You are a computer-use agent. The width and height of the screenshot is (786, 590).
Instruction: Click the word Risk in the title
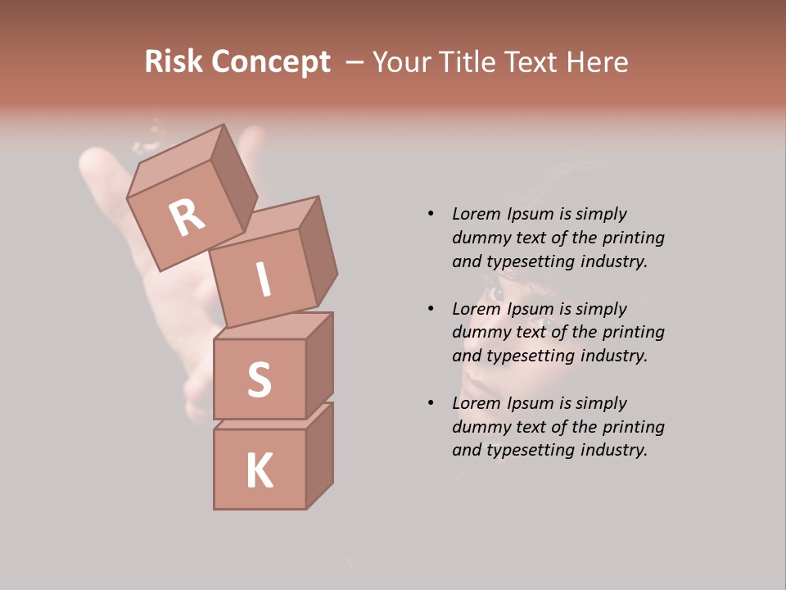174,62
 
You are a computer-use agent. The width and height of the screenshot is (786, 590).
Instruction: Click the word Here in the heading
599,62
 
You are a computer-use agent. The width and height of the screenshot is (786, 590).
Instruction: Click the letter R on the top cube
187,219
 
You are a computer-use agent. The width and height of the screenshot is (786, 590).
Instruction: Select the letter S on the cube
259,379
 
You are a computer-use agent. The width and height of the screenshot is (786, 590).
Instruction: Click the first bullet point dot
431,214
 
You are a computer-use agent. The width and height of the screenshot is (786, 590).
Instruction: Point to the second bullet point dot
431,309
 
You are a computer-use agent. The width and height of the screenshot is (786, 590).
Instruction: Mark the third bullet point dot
431,403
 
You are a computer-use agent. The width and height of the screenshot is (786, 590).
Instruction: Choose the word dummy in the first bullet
481,238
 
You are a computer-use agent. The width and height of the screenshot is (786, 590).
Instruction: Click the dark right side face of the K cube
319,456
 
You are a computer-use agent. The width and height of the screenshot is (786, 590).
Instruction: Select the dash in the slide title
356,62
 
